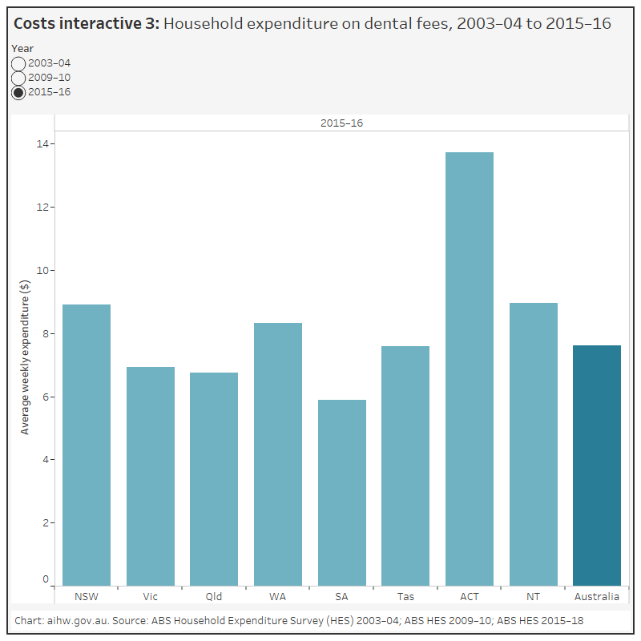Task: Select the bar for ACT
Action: (470, 369)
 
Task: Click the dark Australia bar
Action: (597, 465)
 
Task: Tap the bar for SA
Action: (342, 493)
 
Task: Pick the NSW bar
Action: (87, 445)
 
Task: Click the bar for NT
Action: (534, 444)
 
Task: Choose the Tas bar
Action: (405, 466)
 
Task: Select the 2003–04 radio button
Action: (18, 63)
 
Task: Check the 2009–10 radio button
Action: (18, 78)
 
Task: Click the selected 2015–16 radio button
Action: (18, 92)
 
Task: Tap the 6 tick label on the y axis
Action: (44, 397)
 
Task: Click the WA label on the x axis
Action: (278, 597)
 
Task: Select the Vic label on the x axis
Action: (151, 597)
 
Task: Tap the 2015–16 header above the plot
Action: (341, 123)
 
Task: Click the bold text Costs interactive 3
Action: (87, 24)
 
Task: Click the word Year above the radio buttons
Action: (22, 48)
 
